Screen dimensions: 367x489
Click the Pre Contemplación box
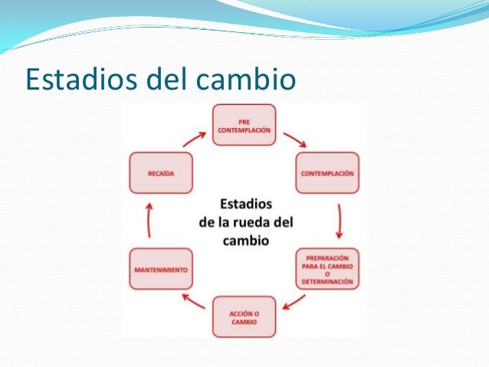click(244, 126)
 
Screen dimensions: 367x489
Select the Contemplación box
click(327, 174)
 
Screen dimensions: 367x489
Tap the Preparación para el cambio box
click(327, 269)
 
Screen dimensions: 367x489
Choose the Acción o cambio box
click(243, 317)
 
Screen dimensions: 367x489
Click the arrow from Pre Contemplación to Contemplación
click(295, 140)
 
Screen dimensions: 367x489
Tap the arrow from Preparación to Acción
click(294, 305)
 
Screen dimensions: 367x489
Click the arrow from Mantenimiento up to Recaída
click(149, 222)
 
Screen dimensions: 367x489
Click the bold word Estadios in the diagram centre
click(244, 205)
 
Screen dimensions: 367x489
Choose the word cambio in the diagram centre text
click(245, 240)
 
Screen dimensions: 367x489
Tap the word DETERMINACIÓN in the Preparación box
click(328, 282)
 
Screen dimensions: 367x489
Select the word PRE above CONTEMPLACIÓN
click(244, 121)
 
